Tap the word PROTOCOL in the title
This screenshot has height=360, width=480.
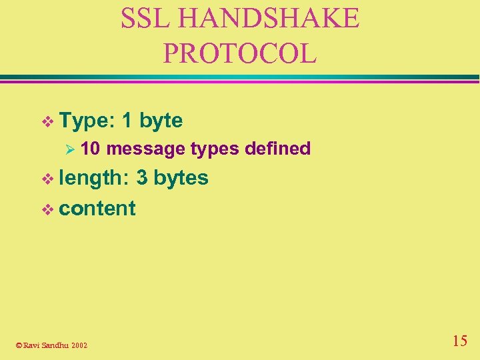coord(240,53)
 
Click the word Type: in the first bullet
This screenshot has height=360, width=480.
coord(87,121)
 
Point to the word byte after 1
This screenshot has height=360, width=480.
coord(161,121)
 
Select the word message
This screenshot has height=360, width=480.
coord(146,149)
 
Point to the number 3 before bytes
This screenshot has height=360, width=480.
coord(141,178)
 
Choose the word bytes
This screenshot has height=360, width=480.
coord(181,179)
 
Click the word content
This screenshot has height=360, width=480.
coord(97,208)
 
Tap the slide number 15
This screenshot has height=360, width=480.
coord(459,341)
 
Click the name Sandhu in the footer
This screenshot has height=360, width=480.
coord(55,345)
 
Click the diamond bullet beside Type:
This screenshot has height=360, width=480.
coord(47,121)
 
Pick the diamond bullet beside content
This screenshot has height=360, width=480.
coord(47,209)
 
